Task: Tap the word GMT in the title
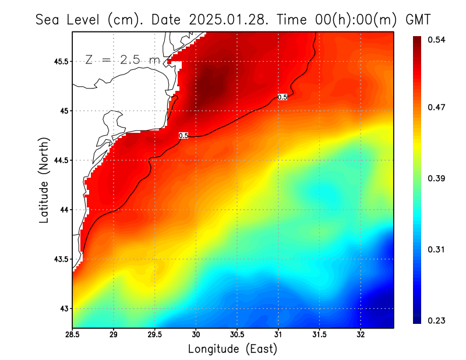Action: pos(418,19)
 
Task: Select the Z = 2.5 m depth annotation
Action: pos(122,59)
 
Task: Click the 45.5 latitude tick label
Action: pos(61,61)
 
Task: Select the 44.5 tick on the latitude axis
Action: pos(61,160)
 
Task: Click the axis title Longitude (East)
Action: pos(232,349)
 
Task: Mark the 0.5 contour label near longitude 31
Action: pos(283,97)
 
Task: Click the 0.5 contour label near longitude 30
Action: pos(183,136)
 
